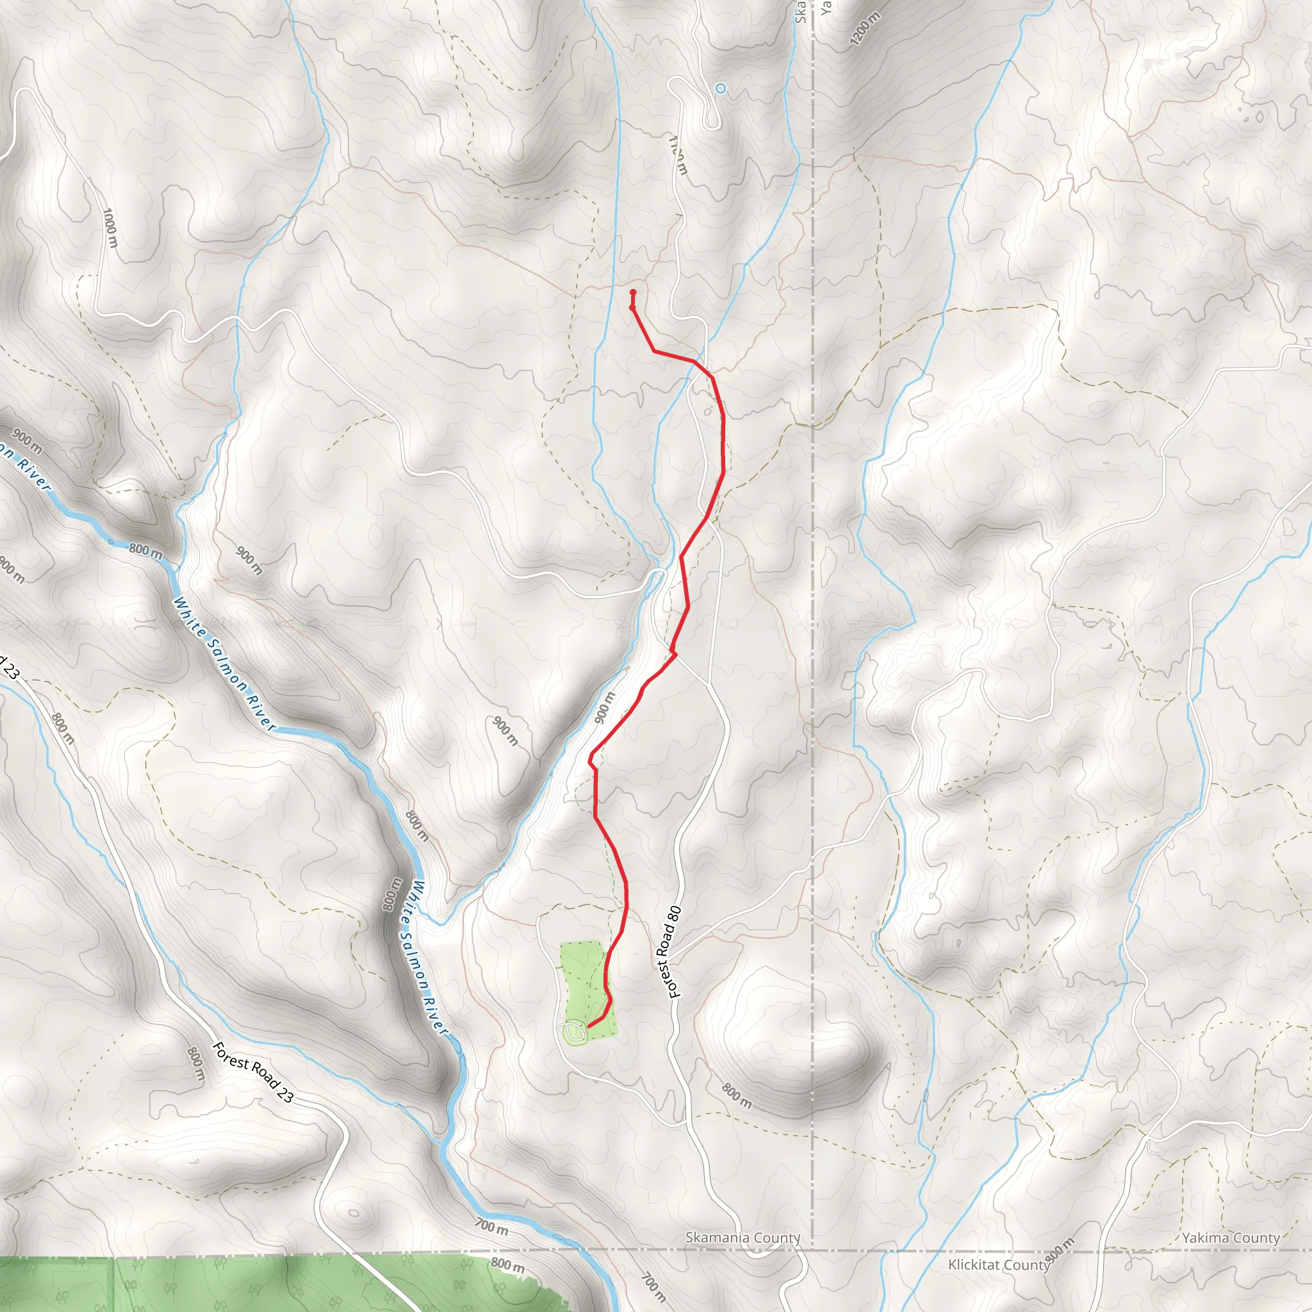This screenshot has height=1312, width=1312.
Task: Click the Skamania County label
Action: coord(742,1237)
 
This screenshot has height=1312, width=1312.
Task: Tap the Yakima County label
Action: coord(1231,1238)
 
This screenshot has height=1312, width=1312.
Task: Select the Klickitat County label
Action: coord(998,1265)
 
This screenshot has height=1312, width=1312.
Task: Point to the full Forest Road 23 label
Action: coord(252,1072)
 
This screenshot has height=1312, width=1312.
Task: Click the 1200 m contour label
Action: coord(864,29)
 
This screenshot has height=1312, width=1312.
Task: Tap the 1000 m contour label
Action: coord(110,227)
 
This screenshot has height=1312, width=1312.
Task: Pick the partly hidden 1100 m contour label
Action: coord(678,156)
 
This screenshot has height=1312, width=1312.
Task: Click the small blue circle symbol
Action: coord(721,88)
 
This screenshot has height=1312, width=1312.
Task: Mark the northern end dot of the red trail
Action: coord(633,292)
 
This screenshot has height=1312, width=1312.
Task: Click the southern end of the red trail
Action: coord(588,1026)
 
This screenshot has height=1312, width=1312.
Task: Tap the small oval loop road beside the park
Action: coord(574,1033)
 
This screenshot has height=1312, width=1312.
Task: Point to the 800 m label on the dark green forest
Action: coord(507,1264)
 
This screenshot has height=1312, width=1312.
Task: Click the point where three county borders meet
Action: coord(813,1250)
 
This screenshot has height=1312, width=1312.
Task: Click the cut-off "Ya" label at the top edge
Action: coord(825,7)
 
